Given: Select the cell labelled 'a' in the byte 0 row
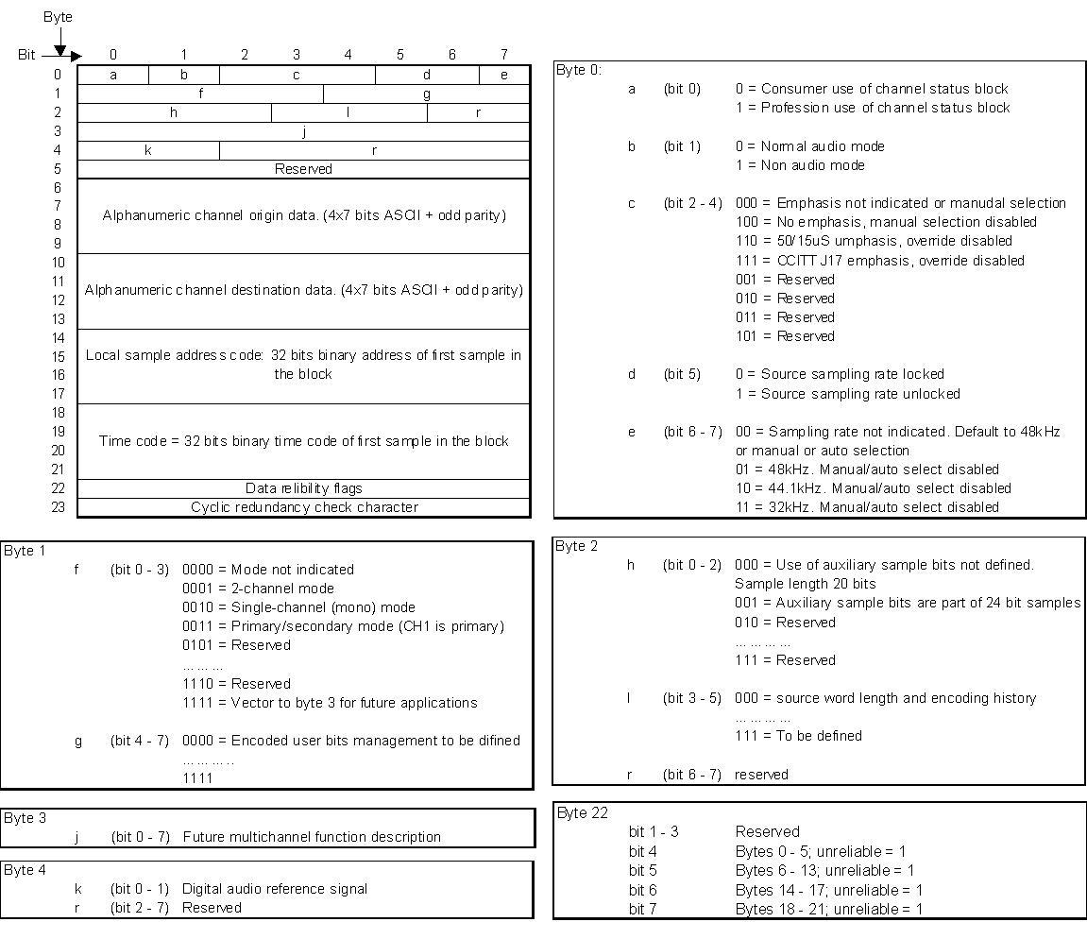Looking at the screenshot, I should tap(113, 75).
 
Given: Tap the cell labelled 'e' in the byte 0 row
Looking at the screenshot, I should tap(504, 75).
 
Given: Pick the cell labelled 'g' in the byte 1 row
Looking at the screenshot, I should tap(427, 94).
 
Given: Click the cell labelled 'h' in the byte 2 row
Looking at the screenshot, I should tap(174, 112).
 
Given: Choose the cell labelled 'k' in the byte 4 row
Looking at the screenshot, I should tap(148, 150).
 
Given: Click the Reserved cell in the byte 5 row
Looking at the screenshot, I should tap(303, 169).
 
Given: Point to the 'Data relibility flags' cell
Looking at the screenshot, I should tap(303, 488).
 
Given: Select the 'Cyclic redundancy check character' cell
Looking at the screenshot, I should tap(303, 507).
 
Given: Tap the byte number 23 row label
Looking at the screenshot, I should tap(58, 507).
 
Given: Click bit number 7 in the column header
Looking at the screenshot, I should tap(504, 55).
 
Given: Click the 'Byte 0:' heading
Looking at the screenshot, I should tap(579, 70).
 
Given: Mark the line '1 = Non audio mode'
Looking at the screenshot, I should tap(800, 165).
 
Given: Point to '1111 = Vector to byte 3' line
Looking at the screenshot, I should tap(330, 703).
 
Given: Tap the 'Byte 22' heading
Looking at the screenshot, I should tap(583, 813).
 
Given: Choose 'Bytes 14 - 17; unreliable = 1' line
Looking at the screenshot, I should tap(828, 890).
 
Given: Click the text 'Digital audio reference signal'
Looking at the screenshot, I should tap(275, 889).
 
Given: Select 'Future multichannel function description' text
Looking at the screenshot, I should tap(312, 837).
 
